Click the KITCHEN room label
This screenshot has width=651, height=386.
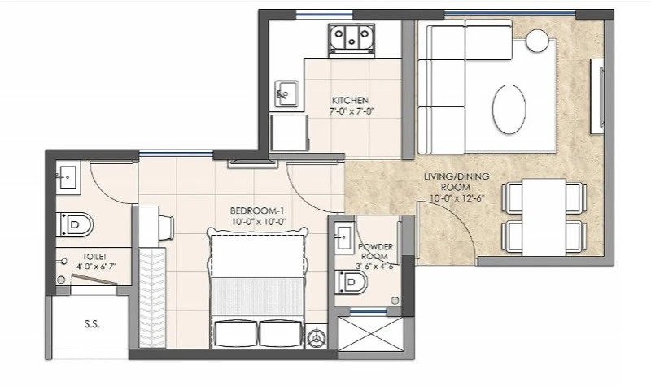350,100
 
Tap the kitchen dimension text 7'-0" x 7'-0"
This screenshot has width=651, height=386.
352,111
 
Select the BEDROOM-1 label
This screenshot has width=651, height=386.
257,210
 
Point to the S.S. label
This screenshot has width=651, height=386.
92,324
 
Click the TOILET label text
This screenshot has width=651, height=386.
94,257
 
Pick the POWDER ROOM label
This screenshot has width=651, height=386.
375,252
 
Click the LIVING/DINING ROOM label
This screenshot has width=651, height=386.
457,181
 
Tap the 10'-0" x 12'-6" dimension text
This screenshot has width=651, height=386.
457,197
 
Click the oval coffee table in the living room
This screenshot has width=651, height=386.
509,109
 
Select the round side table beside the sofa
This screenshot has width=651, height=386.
537,40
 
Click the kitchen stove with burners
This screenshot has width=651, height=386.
352,39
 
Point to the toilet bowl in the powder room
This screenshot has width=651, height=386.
352,283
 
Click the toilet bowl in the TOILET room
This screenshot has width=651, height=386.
75,225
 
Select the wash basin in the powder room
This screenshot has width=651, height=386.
343,237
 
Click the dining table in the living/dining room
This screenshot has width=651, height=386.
544,217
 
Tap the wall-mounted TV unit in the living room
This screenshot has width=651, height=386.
597,96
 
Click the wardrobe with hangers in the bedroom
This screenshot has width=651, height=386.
151,297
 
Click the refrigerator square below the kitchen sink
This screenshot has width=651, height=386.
290,132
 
